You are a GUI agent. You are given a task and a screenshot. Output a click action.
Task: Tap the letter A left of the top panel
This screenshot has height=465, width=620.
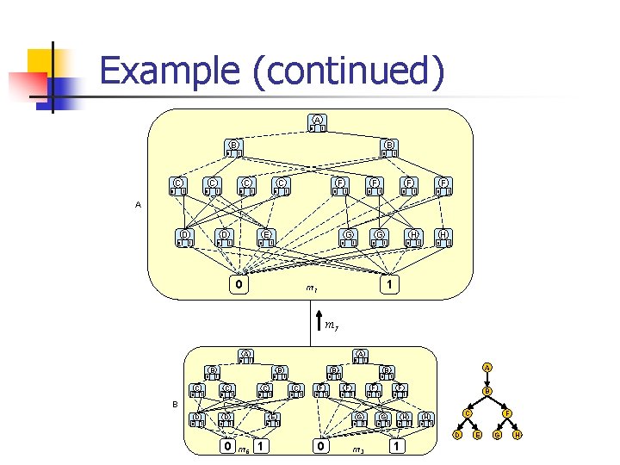(139, 205)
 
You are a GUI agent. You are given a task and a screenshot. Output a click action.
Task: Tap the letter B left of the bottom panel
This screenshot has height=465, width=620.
(175, 404)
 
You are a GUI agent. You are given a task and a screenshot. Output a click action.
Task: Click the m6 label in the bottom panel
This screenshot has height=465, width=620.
(244, 449)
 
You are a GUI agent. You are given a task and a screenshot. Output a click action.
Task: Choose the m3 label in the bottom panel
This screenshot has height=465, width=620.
(358, 449)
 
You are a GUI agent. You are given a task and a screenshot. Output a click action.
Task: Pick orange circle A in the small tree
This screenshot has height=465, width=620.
(487, 368)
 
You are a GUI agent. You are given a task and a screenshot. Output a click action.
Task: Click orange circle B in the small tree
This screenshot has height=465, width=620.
(487, 392)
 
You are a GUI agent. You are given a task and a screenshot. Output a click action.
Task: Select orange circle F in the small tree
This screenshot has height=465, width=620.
(507, 414)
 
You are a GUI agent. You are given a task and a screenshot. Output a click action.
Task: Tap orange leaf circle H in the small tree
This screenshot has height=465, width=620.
(518, 435)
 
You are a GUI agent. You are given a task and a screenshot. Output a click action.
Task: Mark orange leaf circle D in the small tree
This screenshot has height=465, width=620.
(457, 435)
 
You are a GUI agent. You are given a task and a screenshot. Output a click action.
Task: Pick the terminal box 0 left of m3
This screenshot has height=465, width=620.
(320, 447)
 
